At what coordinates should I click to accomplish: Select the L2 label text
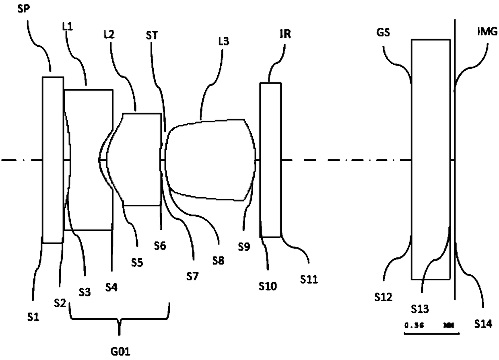coord(109,35)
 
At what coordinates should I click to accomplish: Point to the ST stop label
coord(152,35)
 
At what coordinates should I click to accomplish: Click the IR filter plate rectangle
coord(270,160)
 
